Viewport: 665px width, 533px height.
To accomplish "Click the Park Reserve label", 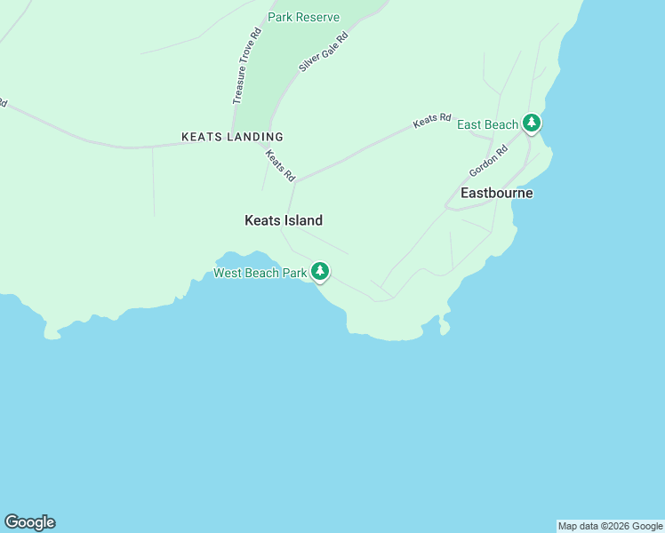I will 303,17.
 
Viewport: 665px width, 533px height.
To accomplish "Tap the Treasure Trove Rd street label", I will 246,67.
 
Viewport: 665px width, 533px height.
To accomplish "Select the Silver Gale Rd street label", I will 323,49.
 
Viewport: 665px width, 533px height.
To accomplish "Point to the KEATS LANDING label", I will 232,137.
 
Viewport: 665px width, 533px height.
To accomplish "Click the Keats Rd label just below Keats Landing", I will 280,165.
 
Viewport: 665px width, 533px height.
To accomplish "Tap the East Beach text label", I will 487,124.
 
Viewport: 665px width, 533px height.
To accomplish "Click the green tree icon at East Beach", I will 532,123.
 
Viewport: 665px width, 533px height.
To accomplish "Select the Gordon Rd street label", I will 488,162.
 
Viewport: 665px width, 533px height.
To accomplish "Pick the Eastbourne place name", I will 496,193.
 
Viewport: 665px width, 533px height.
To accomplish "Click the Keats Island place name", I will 283,220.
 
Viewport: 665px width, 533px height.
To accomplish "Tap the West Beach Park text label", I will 260,273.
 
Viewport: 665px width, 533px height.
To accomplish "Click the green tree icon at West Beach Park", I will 320,272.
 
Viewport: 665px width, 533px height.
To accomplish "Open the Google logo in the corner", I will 29,522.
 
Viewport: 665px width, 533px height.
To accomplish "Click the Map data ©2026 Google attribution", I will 610,526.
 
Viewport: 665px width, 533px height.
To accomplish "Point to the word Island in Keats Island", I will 302,220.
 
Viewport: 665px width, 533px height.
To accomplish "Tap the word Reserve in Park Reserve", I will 317,17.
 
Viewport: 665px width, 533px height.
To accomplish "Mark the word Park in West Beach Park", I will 293,273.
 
